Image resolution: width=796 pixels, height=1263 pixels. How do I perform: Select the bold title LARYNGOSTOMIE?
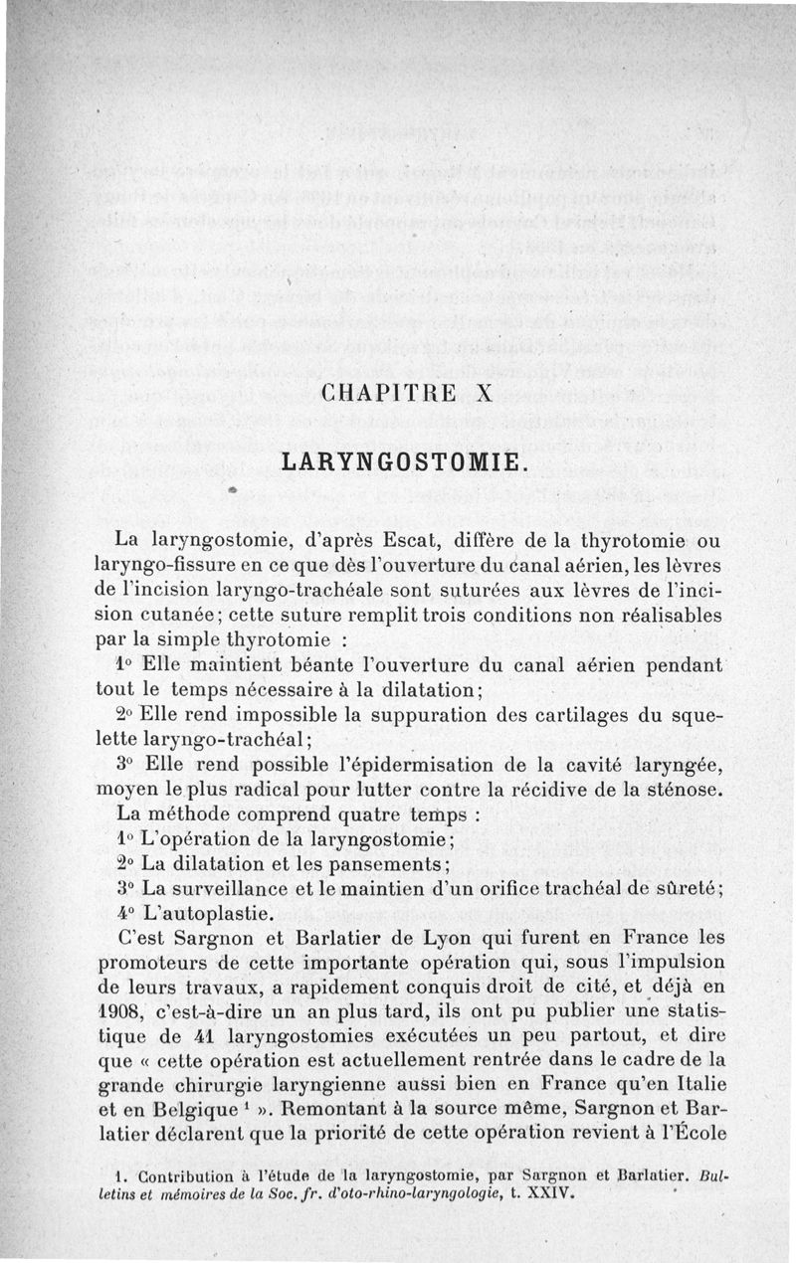click(x=402, y=462)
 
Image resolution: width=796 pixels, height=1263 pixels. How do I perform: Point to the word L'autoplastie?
click(x=200, y=911)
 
